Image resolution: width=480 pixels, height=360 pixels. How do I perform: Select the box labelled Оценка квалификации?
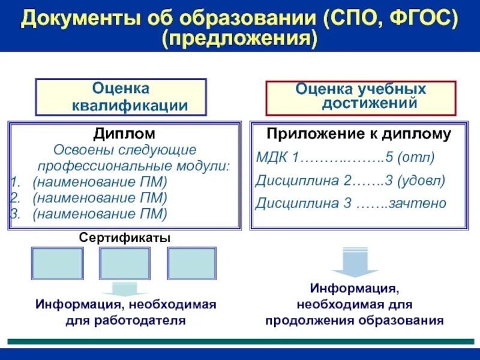click(x=121, y=97)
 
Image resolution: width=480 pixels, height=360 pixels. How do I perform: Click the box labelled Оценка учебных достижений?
click(x=361, y=97)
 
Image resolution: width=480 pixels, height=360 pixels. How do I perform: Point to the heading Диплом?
click(x=124, y=133)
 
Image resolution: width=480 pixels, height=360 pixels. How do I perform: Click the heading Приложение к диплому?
click(x=359, y=134)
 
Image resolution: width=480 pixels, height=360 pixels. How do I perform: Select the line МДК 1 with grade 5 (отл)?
click(x=345, y=158)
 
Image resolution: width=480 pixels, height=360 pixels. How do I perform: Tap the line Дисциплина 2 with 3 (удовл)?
click(x=350, y=181)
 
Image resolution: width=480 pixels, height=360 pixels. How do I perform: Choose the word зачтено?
click(x=417, y=203)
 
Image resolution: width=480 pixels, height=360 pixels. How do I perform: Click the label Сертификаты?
click(x=125, y=238)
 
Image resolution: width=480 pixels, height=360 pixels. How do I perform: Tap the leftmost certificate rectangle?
click(x=57, y=263)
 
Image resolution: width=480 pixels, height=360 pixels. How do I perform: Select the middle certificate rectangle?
click(x=124, y=263)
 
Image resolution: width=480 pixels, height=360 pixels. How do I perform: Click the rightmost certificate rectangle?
click(x=191, y=263)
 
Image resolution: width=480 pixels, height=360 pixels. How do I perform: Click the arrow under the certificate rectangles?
click(x=124, y=289)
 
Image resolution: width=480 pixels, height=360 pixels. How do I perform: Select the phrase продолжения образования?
click(x=355, y=320)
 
